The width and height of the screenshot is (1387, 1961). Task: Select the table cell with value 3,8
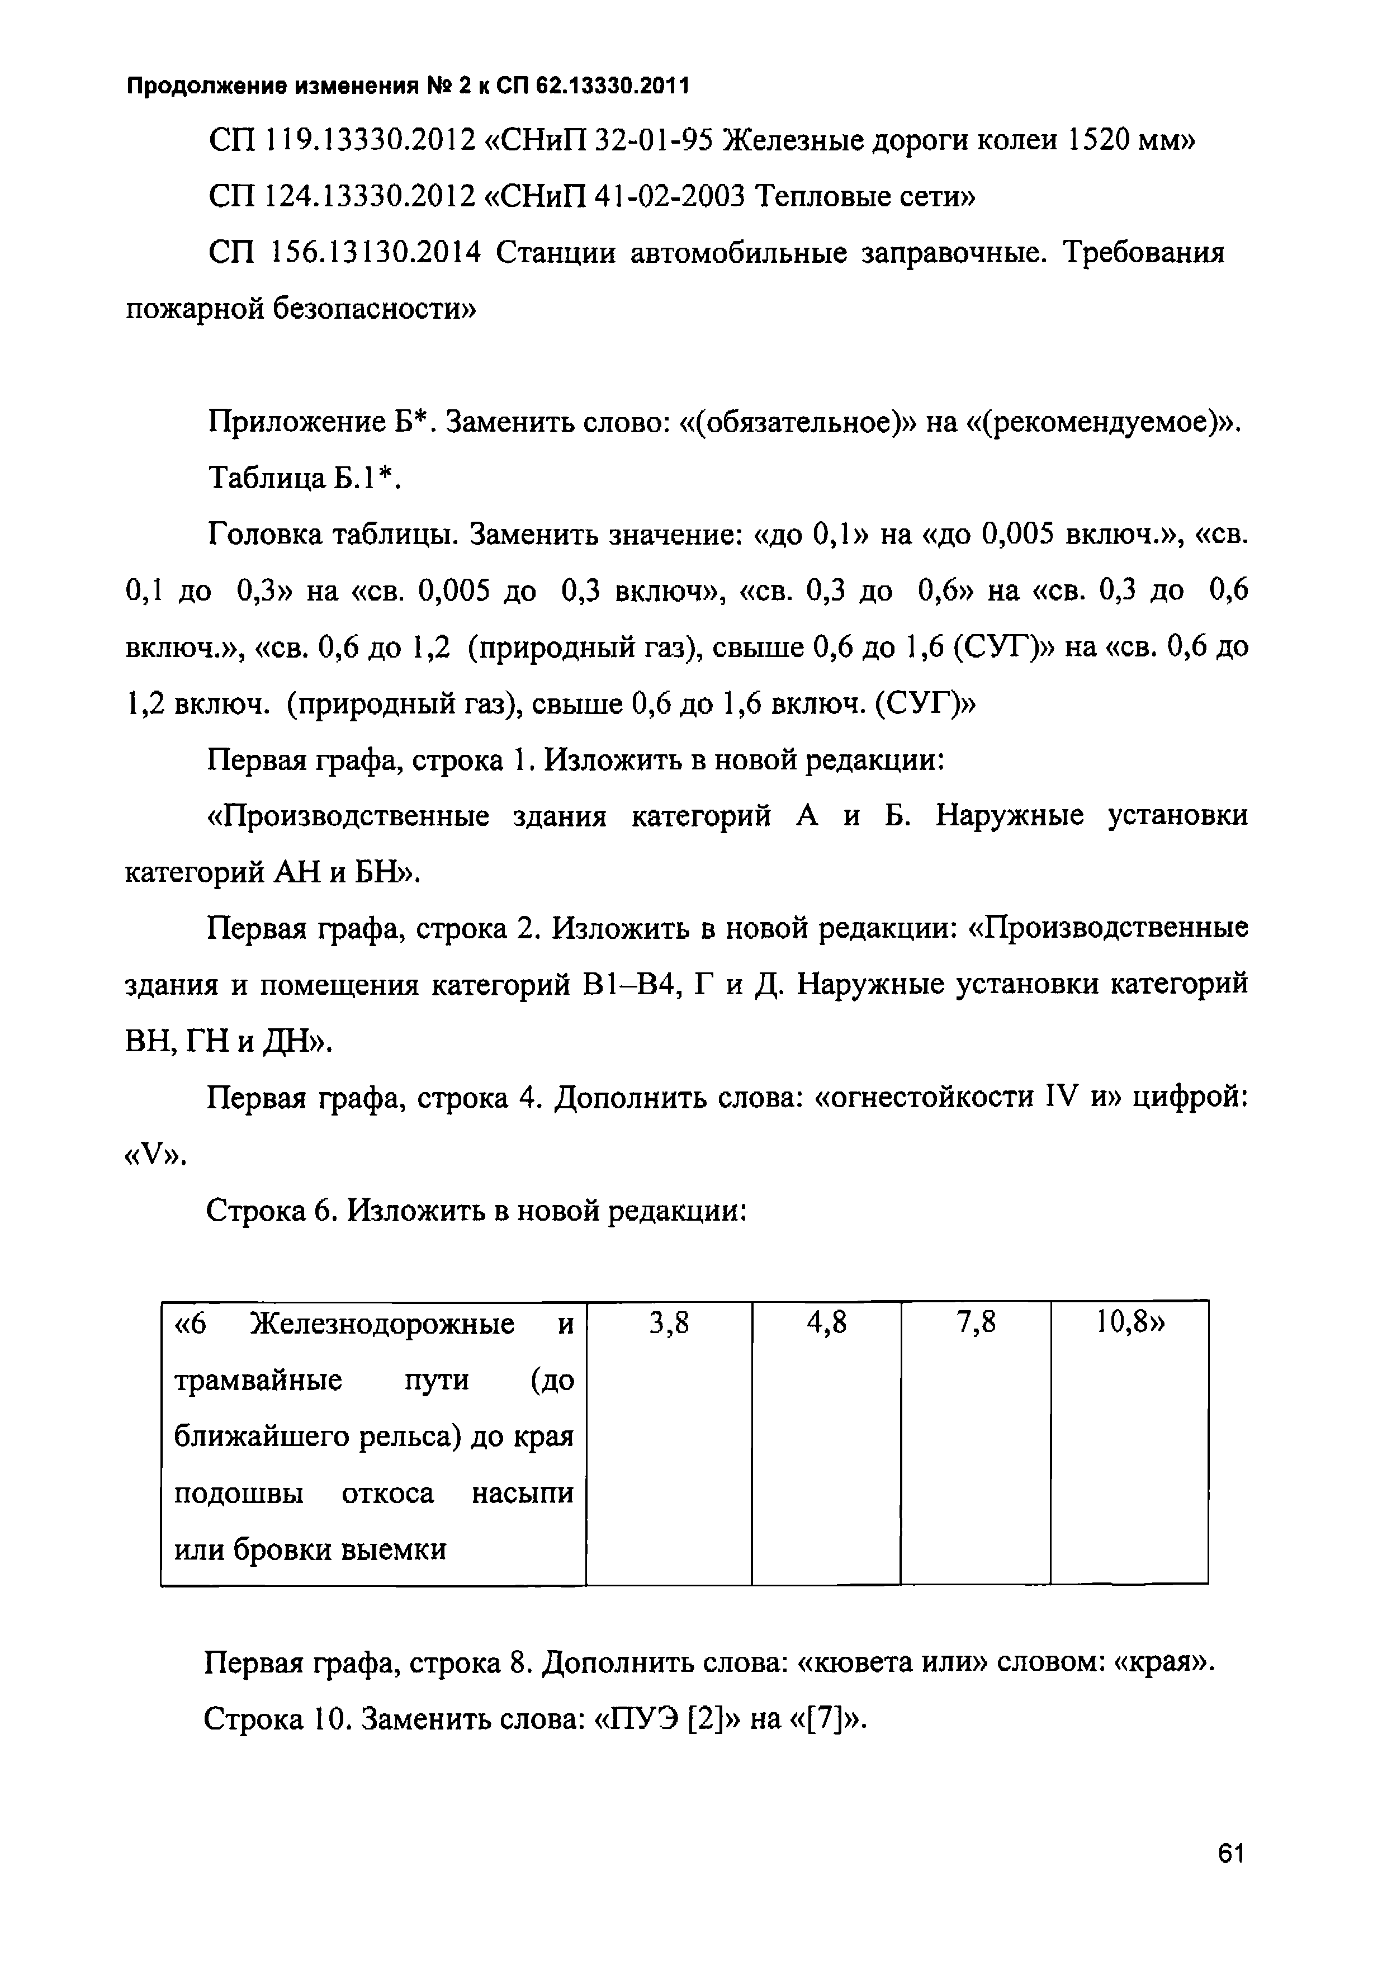669,1324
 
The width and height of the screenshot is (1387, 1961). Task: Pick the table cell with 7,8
976,1324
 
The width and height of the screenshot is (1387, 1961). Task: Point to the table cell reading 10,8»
1130,1324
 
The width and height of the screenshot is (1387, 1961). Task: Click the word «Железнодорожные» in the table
382,1325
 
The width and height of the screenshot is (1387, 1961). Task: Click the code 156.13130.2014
376,254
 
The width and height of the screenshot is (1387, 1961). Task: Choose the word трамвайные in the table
258,1381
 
